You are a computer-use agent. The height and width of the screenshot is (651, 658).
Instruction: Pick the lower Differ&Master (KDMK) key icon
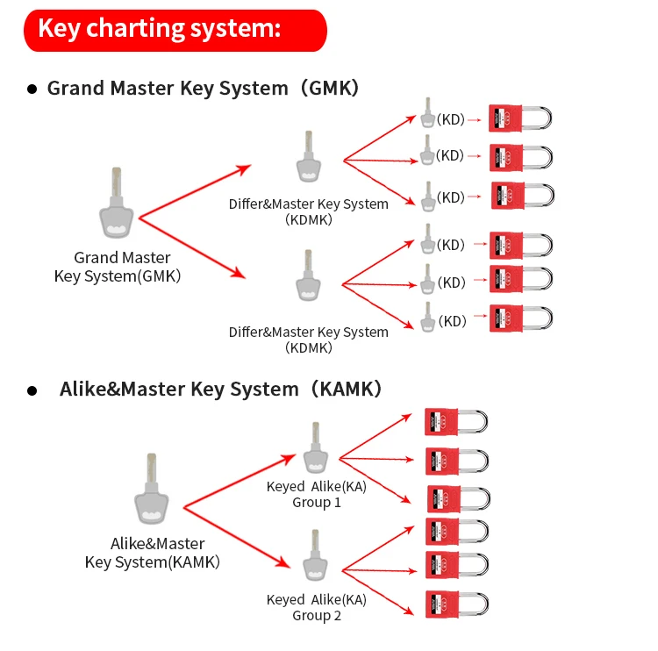[x=307, y=279]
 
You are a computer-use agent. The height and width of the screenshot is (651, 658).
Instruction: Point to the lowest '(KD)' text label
[x=452, y=321]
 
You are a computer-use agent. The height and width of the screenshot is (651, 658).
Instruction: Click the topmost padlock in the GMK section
[x=520, y=119]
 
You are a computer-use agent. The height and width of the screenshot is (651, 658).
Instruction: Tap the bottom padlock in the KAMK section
[x=455, y=603]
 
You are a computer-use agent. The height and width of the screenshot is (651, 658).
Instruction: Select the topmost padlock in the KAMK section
[x=455, y=421]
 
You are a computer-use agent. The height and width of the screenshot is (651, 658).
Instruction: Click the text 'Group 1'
[x=317, y=503]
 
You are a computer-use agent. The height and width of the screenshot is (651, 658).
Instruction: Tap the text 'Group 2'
[x=317, y=615]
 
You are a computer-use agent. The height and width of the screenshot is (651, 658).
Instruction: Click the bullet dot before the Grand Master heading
[x=32, y=89]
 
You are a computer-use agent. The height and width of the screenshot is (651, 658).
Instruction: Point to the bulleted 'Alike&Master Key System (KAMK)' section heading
[x=220, y=389]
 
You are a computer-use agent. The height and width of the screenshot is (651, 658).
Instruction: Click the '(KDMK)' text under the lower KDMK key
[x=309, y=347]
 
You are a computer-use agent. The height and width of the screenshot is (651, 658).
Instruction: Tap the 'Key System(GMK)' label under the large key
[x=118, y=275]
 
